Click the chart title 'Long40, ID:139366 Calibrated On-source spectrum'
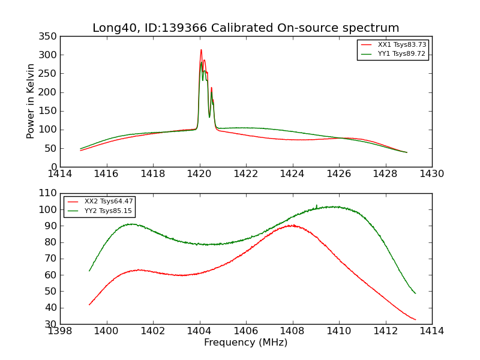(x=245, y=28)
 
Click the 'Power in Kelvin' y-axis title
(x=31, y=101)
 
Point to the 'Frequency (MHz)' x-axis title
(x=245, y=343)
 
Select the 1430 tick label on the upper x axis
(x=432, y=174)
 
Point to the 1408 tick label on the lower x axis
(x=293, y=331)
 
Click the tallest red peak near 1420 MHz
(x=201, y=50)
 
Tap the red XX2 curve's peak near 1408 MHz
(x=292, y=226)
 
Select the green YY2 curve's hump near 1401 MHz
(x=130, y=224)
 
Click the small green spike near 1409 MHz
(x=317, y=205)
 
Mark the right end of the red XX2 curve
(x=415, y=319)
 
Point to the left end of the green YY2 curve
(x=89, y=271)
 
